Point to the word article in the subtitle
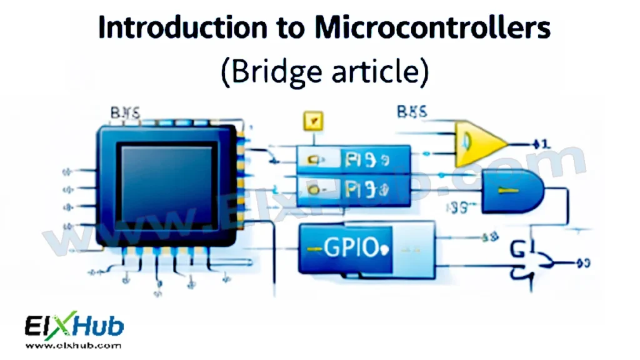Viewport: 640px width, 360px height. pos(378,72)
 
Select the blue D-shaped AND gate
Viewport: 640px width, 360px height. pos(511,191)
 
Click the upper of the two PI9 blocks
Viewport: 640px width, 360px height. pos(353,159)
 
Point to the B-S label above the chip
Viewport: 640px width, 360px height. pos(125,113)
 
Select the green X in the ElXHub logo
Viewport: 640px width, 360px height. pos(67,326)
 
